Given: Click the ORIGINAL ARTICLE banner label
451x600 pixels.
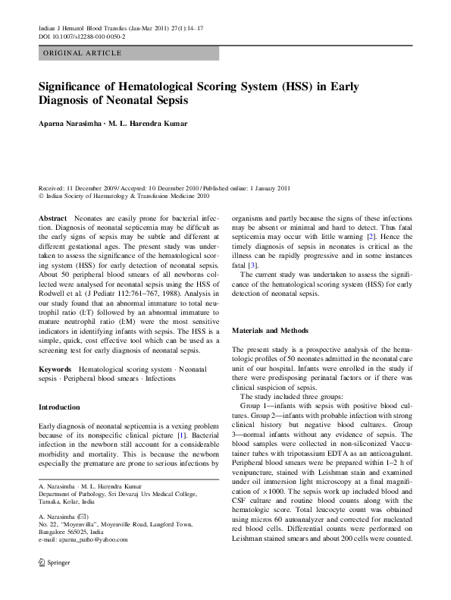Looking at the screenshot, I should [x=82, y=53].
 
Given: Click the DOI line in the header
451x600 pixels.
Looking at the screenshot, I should [x=82, y=36].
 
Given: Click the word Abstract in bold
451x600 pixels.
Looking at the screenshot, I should [x=52, y=218].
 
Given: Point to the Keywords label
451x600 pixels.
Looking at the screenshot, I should [x=55, y=368].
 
